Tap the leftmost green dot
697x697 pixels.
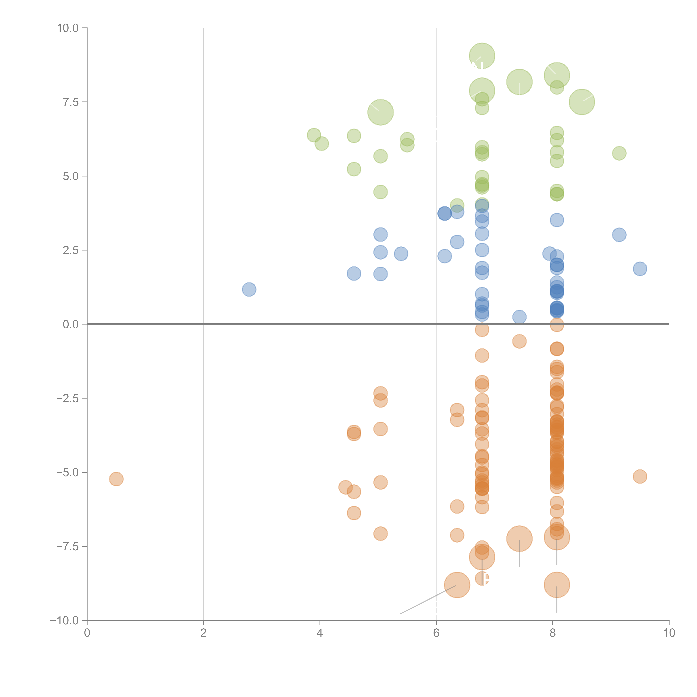tap(314, 135)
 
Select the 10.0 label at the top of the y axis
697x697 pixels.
tap(68, 28)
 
